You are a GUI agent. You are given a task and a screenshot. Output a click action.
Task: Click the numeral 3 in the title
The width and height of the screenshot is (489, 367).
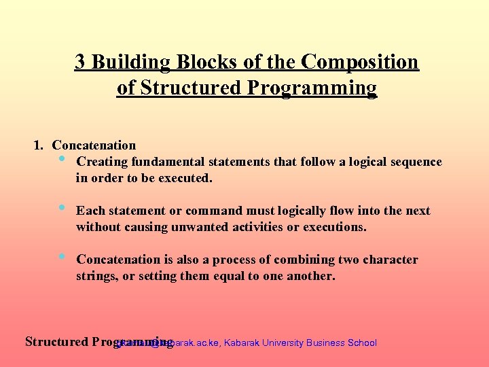click(x=80, y=62)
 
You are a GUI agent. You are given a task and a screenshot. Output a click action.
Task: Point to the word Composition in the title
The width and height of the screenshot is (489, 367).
click(x=360, y=62)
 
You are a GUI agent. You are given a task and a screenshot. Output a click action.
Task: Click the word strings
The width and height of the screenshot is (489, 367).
click(x=96, y=276)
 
